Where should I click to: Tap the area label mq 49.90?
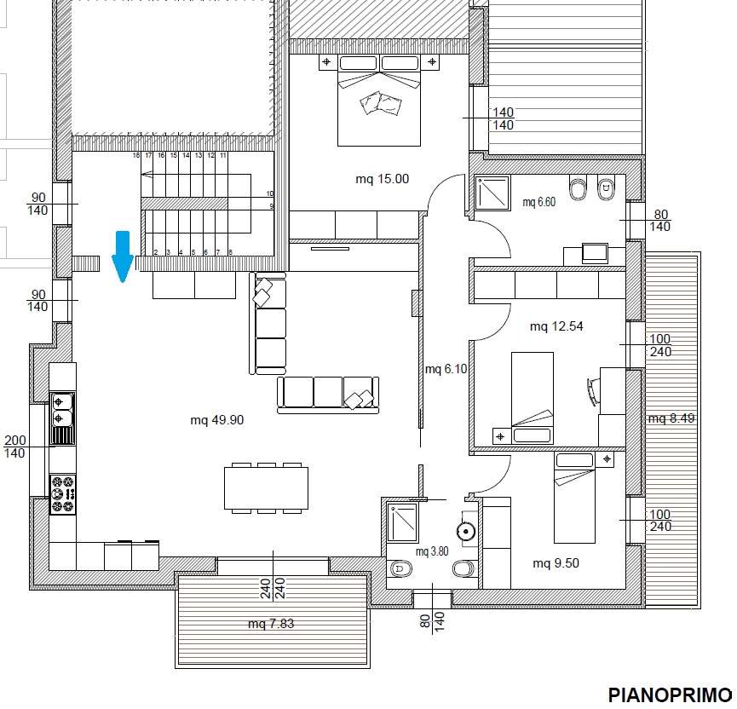(x=216, y=420)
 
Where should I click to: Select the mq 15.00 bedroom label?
(x=382, y=179)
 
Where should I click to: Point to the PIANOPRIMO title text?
(x=670, y=695)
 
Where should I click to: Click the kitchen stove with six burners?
(x=63, y=494)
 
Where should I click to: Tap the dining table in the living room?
(x=266, y=488)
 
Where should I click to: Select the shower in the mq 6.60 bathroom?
(x=492, y=193)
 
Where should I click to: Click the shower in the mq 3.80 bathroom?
(x=402, y=522)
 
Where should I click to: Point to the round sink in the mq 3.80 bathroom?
(x=466, y=532)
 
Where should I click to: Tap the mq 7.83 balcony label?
(x=271, y=624)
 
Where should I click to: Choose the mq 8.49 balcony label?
(x=671, y=418)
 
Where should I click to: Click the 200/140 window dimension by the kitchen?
(x=14, y=447)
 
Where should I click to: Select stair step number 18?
(x=136, y=155)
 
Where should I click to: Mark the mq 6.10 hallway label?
(x=446, y=369)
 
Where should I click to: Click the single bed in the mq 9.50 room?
(x=574, y=498)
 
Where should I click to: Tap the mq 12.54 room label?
(x=556, y=326)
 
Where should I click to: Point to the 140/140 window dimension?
(x=503, y=118)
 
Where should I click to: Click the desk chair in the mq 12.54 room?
(x=593, y=391)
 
